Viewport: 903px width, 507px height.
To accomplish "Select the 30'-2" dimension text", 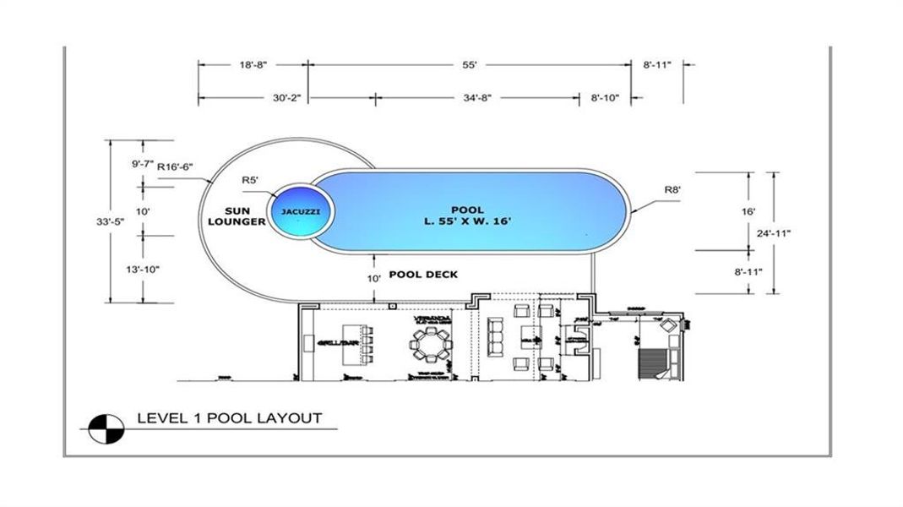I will pyautogui.click(x=286, y=98).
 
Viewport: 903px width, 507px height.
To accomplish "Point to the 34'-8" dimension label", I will pyautogui.click(x=477, y=98).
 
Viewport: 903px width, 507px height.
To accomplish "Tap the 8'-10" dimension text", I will pyautogui.click(x=605, y=98).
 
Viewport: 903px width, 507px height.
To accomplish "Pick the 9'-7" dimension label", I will pyautogui.click(x=141, y=165).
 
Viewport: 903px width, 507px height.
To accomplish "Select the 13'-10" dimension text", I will pyautogui.click(x=141, y=270).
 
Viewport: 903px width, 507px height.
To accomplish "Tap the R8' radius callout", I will pyautogui.click(x=672, y=190).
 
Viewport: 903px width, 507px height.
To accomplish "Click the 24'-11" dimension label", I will pyautogui.click(x=773, y=233).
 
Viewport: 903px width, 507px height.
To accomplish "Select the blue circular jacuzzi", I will pyautogui.click(x=302, y=208).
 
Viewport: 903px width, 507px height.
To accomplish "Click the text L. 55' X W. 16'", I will pyautogui.click(x=467, y=221).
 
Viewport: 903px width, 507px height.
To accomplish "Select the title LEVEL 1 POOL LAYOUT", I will pyautogui.click(x=229, y=418).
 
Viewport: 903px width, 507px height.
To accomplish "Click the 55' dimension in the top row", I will pyautogui.click(x=471, y=64).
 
